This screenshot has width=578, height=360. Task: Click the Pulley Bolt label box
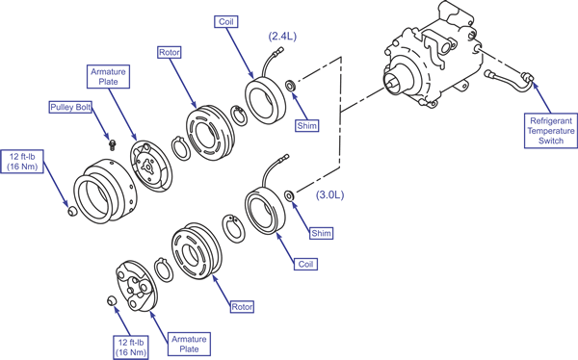(x=70, y=107)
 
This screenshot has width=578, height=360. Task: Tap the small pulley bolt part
(x=112, y=144)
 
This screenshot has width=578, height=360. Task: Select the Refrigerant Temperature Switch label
(x=551, y=131)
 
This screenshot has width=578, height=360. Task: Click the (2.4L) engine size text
(x=282, y=37)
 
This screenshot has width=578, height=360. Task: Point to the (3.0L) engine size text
(x=329, y=195)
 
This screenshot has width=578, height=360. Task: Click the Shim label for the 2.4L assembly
(x=306, y=126)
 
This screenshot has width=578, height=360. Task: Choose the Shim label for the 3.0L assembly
(x=321, y=233)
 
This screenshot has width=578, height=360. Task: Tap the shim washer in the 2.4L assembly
(x=291, y=86)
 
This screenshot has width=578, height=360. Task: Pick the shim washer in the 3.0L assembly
(x=289, y=195)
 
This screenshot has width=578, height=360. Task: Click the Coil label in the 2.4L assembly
(x=226, y=21)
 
